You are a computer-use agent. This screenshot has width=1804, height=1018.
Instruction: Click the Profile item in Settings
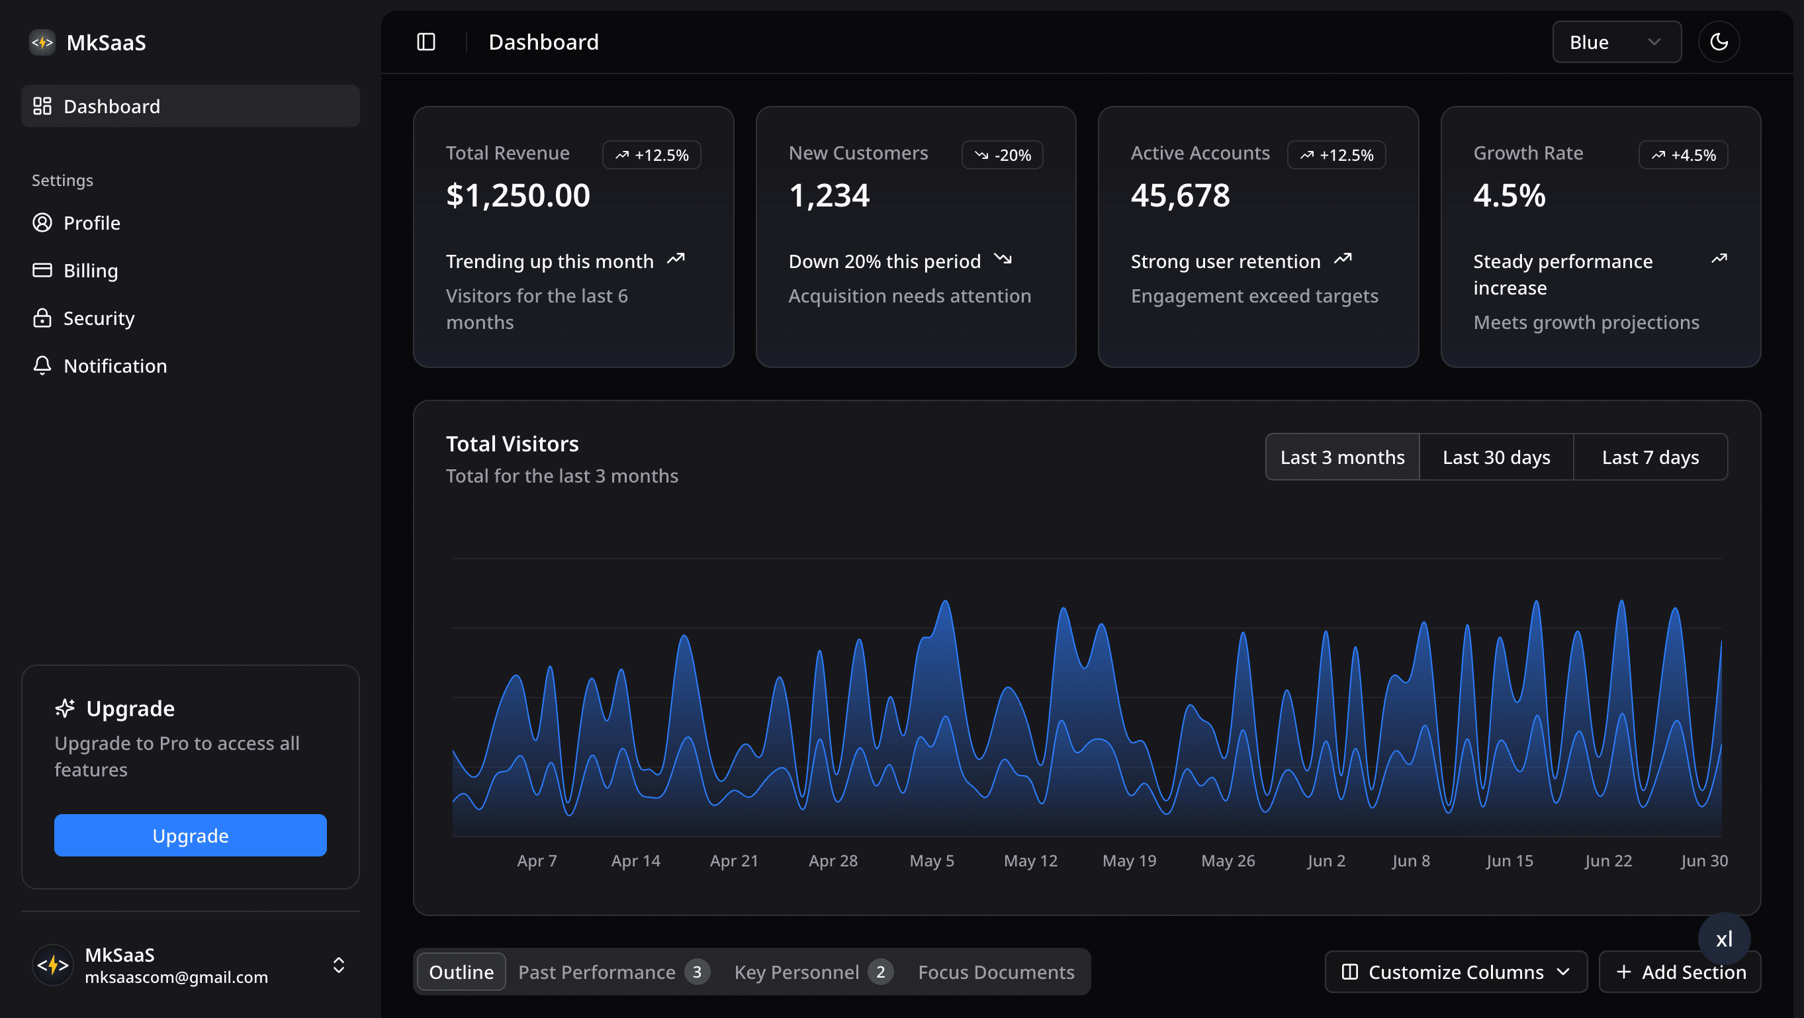point(91,223)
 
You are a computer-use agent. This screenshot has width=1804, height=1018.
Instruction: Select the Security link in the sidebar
point(98,318)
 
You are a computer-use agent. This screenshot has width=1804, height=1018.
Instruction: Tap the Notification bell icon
point(42,365)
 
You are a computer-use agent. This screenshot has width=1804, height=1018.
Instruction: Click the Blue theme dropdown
point(1615,42)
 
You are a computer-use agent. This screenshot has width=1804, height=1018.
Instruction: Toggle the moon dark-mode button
point(1718,42)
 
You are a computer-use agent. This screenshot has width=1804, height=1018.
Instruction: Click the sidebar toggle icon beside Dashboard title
point(426,42)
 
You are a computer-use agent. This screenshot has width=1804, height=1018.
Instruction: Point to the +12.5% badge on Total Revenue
point(651,155)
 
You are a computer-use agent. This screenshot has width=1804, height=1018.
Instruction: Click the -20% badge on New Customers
point(1002,155)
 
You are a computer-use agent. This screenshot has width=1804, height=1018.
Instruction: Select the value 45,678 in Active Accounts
point(1180,195)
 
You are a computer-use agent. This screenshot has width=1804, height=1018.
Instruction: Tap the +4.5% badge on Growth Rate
point(1683,155)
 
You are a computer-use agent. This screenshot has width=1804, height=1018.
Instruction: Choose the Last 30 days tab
point(1496,457)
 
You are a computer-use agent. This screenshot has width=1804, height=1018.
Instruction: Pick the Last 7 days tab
point(1650,457)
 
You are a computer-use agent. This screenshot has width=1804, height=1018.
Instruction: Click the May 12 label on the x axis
point(1030,860)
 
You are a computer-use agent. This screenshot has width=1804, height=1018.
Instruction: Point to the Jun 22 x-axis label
point(1608,860)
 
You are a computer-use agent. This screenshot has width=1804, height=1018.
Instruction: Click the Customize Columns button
point(1455,972)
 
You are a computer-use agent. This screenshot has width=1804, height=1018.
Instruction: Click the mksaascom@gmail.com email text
point(177,977)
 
